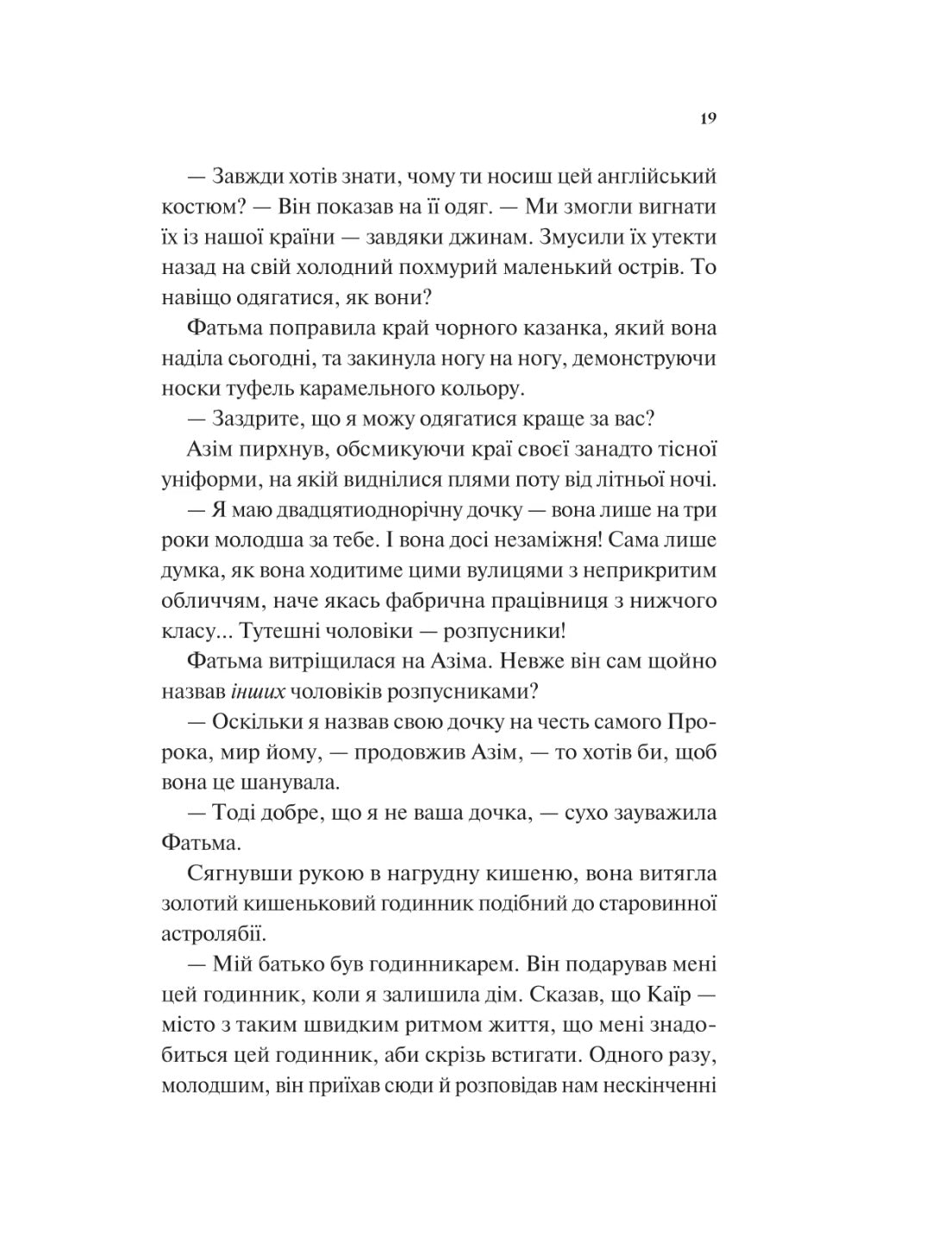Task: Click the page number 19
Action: click(708, 119)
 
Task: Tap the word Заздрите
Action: click(259, 419)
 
